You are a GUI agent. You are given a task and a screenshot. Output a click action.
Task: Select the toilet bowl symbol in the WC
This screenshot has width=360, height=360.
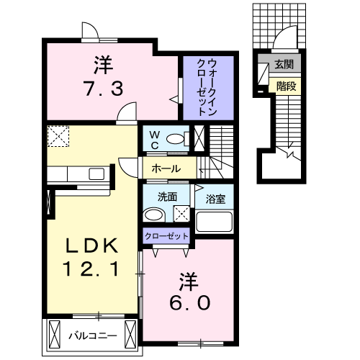pos(175,139)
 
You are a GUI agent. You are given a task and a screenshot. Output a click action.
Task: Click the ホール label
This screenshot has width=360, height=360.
pos(166,169)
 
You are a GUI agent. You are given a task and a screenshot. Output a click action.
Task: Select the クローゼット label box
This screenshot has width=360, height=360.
pos(167,236)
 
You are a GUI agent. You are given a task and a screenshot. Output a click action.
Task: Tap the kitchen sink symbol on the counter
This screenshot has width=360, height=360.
pos(96,173)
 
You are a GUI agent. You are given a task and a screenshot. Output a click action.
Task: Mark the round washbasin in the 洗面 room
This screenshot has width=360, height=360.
pos(153,214)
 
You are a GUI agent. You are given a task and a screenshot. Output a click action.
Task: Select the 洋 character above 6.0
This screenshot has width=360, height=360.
pos(190,277)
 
